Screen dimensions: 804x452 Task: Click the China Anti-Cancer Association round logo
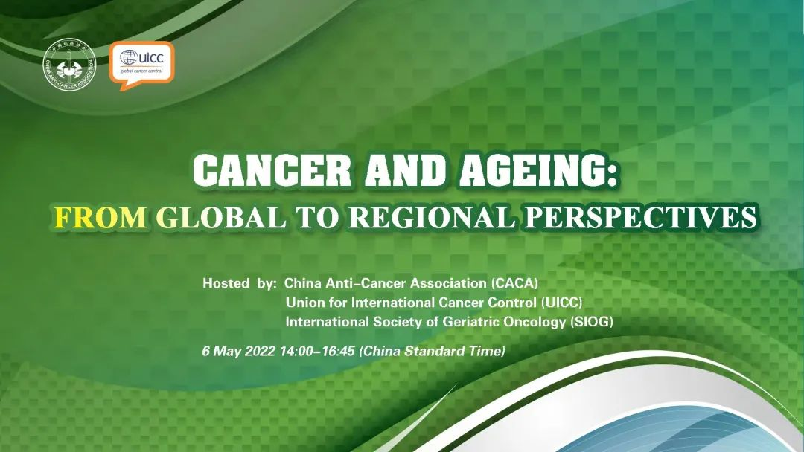point(69,65)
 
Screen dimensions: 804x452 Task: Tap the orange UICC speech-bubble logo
point(141,65)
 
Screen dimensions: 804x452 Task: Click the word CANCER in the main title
point(272,170)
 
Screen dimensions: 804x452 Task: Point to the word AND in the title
point(405,170)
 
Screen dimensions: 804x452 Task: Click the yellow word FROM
point(100,217)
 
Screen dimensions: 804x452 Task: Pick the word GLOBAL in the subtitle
point(221,217)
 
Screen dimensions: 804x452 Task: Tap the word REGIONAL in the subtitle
point(431,217)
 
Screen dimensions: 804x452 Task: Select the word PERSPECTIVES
point(640,217)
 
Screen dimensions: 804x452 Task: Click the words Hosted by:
point(240,283)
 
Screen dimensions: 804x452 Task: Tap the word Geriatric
point(470,322)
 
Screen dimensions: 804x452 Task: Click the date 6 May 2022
point(239,351)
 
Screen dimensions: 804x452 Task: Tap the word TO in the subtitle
point(318,217)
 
